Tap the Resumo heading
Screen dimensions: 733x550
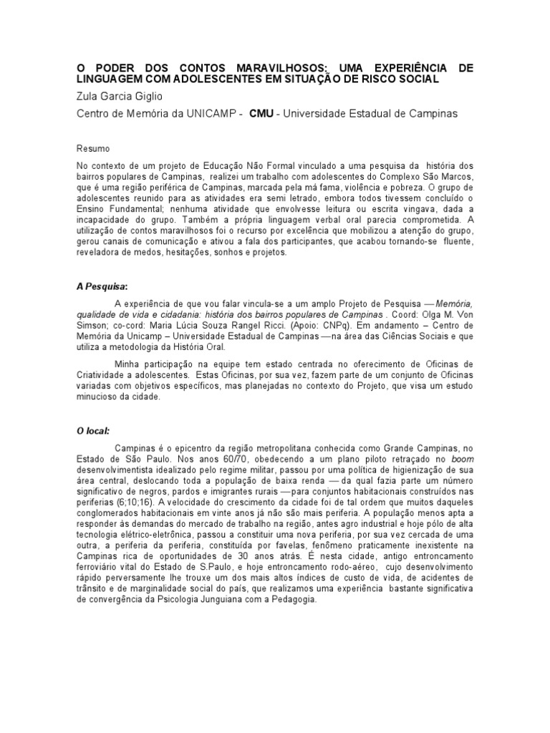93,149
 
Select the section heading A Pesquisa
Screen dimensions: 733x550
101,286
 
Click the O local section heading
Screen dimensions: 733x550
93,431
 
